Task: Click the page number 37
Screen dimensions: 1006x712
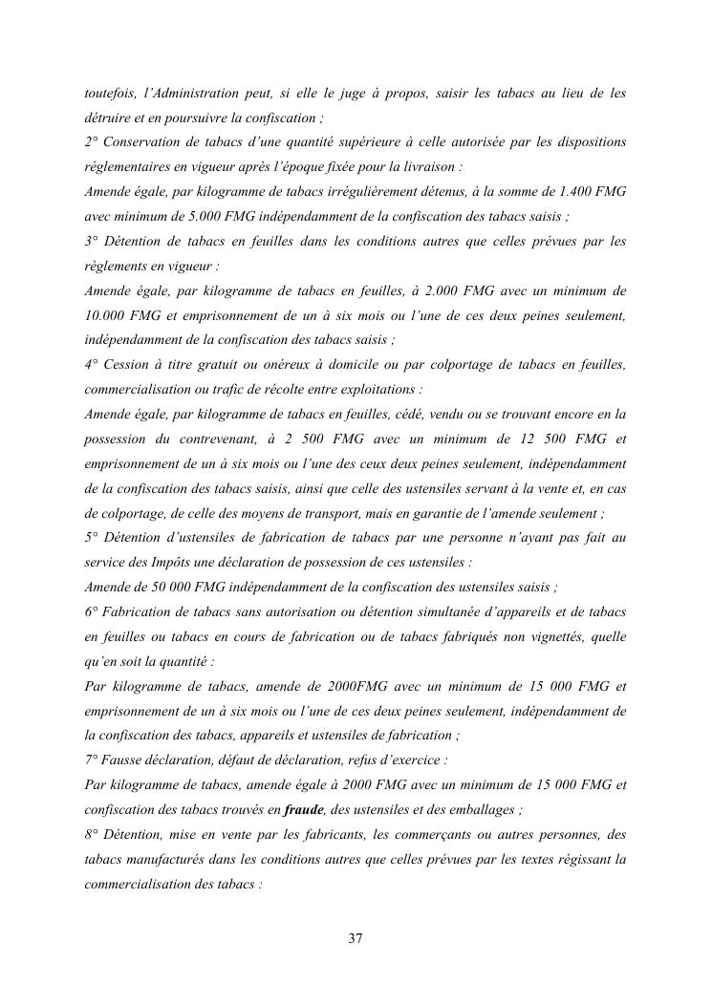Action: tap(356, 938)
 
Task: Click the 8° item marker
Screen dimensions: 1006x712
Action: tap(93, 834)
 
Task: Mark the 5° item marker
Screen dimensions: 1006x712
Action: tap(93, 538)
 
